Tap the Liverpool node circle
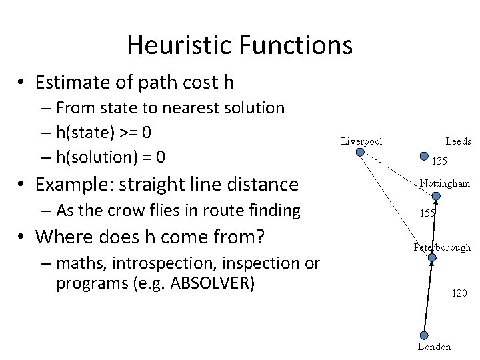point(360,152)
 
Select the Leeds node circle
point(425,157)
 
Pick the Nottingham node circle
point(436,196)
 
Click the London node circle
point(424,337)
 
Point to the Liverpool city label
point(361,141)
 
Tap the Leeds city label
point(458,141)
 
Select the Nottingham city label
point(445,183)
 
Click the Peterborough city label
point(442,247)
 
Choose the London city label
point(434,347)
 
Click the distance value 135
point(439,161)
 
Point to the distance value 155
point(427,213)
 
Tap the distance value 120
point(459,293)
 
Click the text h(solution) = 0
point(111,157)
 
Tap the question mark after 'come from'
point(260,237)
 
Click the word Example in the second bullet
point(71,183)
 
